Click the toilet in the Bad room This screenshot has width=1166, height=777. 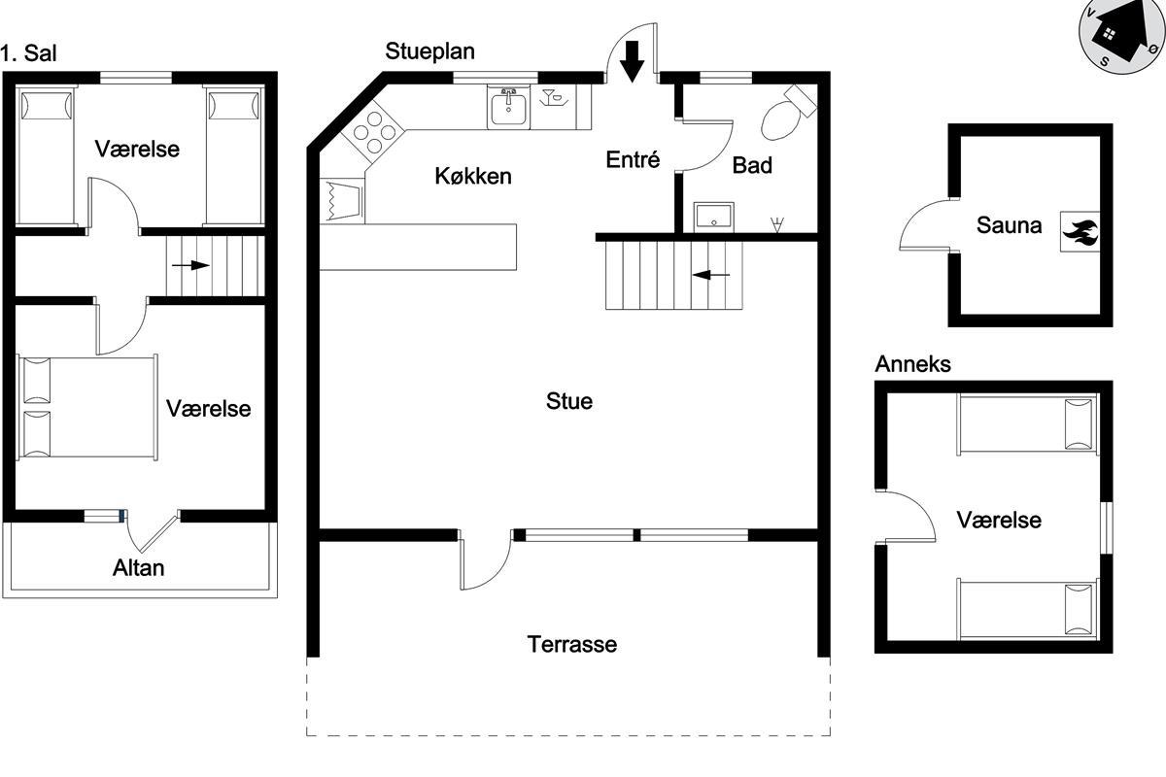[786, 115]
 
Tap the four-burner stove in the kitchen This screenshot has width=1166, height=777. [373, 133]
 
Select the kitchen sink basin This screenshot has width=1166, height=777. [508, 107]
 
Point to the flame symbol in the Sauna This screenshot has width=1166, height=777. [1080, 232]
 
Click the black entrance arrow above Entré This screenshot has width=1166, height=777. [632, 61]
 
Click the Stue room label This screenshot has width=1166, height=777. [569, 401]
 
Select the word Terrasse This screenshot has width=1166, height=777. [572, 644]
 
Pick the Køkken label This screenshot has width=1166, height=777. [473, 176]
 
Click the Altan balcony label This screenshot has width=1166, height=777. [138, 568]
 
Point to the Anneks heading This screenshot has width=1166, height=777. [912, 364]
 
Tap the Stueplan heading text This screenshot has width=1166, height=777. [429, 51]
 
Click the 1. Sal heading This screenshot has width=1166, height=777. [28, 53]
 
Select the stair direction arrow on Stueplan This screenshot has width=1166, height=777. [711, 275]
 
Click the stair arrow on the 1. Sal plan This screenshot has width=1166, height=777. [190, 265]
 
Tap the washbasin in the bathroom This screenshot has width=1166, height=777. [713, 217]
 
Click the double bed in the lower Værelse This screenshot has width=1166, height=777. [87, 407]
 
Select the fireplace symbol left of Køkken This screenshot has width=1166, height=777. [342, 199]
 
